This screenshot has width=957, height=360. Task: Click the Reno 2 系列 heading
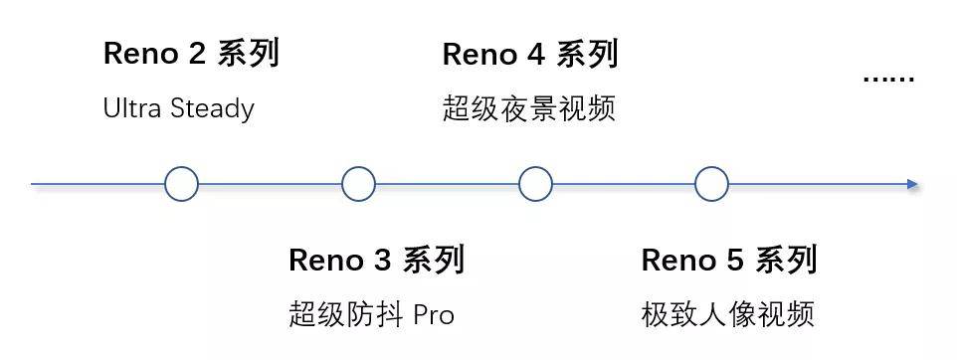pyautogui.click(x=191, y=54)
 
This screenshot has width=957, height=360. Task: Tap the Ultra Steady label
pyautogui.click(x=178, y=108)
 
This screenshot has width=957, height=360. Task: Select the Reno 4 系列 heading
pyautogui.click(x=530, y=54)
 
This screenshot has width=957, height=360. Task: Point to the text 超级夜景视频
pyautogui.click(x=529, y=108)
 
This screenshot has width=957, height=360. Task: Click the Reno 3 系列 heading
pyautogui.click(x=376, y=261)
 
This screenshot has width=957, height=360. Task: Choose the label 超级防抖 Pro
pyautogui.click(x=371, y=315)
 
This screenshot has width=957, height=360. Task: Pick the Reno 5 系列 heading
pyautogui.click(x=729, y=261)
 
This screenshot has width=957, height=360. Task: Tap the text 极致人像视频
pyautogui.click(x=728, y=315)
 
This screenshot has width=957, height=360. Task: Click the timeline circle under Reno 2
pyautogui.click(x=181, y=184)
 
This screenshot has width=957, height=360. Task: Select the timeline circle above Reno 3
pyautogui.click(x=358, y=184)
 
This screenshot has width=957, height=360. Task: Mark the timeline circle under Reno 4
pyautogui.click(x=535, y=184)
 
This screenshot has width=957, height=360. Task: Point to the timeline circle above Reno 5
pyautogui.click(x=711, y=184)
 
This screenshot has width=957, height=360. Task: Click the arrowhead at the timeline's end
pyautogui.click(x=912, y=184)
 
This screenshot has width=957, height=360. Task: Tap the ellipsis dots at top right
pyautogui.click(x=887, y=78)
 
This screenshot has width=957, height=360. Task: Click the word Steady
pyautogui.click(x=212, y=108)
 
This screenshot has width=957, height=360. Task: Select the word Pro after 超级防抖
pyautogui.click(x=434, y=316)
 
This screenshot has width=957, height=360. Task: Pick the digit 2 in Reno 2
pyautogui.click(x=196, y=55)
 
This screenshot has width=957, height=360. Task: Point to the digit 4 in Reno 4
pyautogui.click(x=535, y=55)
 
